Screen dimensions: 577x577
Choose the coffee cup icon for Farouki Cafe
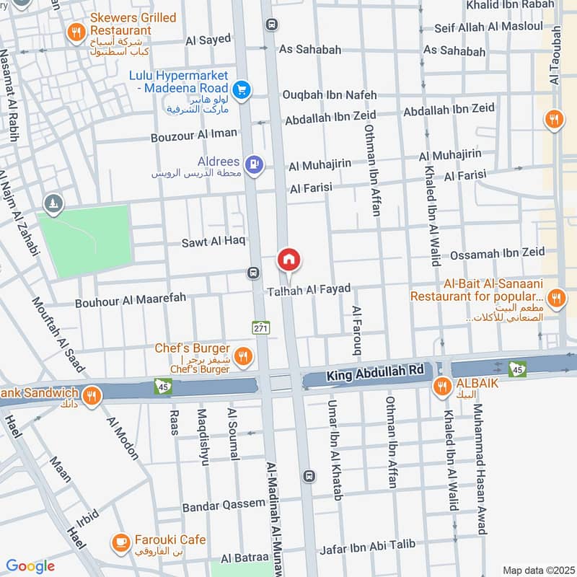(120, 542)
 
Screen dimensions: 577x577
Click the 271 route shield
(260, 327)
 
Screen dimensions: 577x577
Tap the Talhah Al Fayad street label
(309, 289)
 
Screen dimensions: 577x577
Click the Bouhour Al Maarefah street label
(131, 301)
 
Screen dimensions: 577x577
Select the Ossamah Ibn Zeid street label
(497, 255)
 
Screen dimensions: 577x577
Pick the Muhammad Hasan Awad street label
(477, 469)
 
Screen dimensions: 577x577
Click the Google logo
(30, 566)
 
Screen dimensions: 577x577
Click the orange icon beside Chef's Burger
(244, 355)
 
